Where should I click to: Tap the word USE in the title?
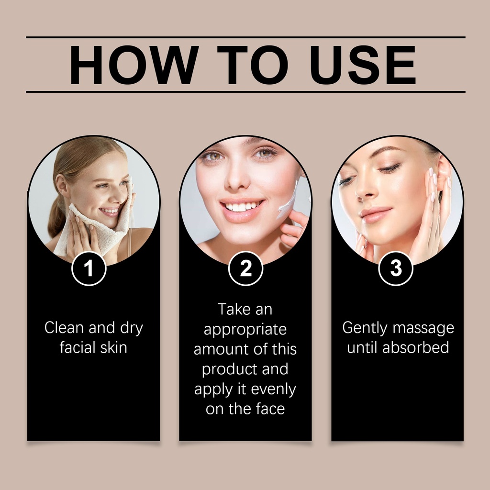363,65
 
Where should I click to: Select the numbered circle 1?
89,268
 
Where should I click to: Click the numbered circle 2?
245,268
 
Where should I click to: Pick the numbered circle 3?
396,268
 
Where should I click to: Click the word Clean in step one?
64,328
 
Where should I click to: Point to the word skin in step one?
114,347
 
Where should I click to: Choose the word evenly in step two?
273,390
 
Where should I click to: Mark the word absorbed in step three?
416,347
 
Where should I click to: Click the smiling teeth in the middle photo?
242,206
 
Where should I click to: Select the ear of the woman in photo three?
444,175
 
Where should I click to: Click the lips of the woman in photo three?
375,215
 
